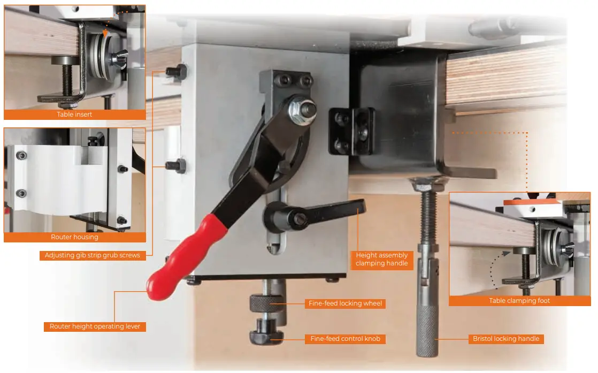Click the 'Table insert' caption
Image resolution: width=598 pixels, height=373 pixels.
coord(74,115)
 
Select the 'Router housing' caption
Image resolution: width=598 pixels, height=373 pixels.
coord(74,237)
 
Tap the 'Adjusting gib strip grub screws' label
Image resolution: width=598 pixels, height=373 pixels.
coord(92,256)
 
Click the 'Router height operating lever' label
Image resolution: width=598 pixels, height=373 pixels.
coord(95,326)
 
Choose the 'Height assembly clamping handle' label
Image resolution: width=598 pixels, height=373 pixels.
coord(381,260)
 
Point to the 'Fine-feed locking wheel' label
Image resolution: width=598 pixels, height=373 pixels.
coord(345,303)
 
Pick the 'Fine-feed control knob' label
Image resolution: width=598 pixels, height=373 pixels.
coord(345,339)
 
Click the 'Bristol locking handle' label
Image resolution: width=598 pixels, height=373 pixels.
coord(506,339)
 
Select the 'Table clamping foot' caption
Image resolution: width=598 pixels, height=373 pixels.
coord(519,301)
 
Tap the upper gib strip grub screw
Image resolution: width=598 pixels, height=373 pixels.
coord(177,71)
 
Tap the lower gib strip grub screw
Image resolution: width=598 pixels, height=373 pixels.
coord(177,165)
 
